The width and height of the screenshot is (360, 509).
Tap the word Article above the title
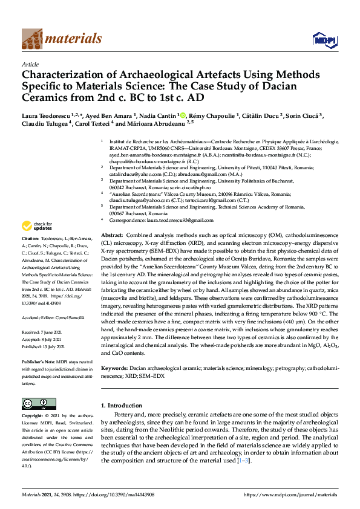tap(30, 64)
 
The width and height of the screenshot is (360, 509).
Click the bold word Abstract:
tap(111, 235)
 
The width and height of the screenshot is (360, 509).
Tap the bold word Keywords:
tap(114, 368)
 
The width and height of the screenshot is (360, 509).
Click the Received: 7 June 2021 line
tap(43, 332)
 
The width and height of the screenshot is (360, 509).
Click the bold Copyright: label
tap(33, 416)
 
